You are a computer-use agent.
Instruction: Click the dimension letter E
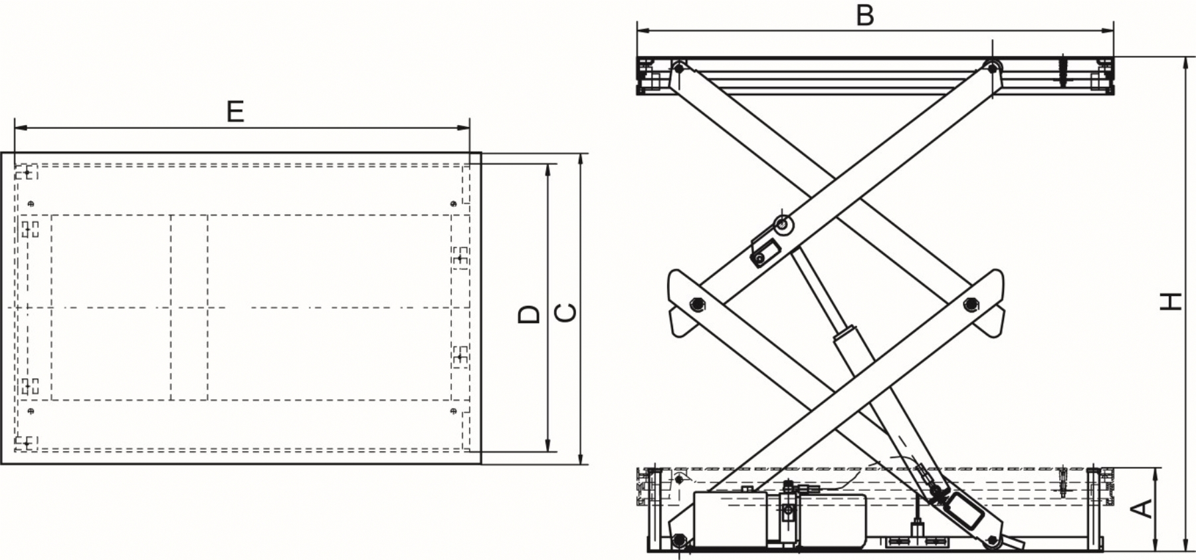click(x=235, y=112)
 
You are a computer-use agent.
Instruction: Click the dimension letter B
click(x=864, y=15)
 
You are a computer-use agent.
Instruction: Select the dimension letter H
click(x=1171, y=301)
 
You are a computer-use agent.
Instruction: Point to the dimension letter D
click(x=529, y=314)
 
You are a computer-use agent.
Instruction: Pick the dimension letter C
click(x=565, y=313)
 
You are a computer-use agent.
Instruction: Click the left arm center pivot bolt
click(x=696, y=304)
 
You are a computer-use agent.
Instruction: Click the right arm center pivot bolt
click(x=969, y=304)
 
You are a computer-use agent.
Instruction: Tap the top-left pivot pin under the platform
click(x=678, y=68)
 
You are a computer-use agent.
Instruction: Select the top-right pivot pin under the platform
click(x=992, y=68)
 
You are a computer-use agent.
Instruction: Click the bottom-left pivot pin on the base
click(x=678, y=539)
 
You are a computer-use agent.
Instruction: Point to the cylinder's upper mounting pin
click(x=784, y=225)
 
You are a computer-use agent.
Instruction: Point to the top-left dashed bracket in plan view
click(x=27, y=172)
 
